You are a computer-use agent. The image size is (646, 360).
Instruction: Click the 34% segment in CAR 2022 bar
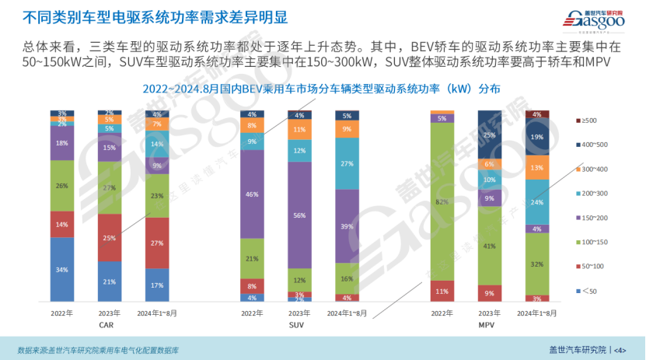point(62,269)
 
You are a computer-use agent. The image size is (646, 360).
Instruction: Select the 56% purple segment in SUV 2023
point(299,215)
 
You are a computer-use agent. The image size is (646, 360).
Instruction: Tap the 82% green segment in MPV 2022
point(442,201)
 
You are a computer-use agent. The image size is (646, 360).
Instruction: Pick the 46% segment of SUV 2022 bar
point(252,194)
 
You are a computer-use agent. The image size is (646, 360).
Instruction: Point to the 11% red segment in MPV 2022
point(442,291)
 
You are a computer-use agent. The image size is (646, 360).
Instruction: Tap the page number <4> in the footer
point(620,350)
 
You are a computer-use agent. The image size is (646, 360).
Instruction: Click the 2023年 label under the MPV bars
point(490,313)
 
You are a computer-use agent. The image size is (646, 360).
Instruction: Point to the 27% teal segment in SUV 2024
point(347,163)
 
